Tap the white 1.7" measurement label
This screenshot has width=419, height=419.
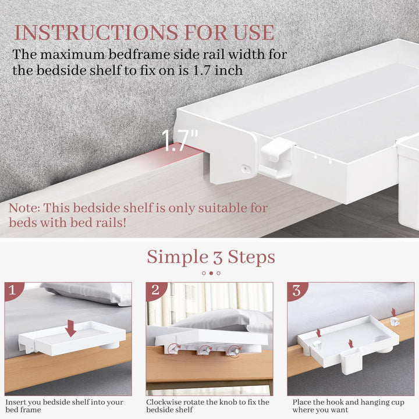(x=179, y=141)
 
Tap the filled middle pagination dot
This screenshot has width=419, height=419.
(x=211, y=273)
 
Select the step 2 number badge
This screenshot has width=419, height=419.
(x=155, y=291)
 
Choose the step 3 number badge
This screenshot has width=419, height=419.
(x=296, y=291)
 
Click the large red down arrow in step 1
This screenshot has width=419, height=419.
(x=70, y=328)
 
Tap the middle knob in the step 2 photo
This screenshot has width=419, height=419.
(x=204, y=350)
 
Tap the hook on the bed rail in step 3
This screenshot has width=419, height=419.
(x=394, y=321)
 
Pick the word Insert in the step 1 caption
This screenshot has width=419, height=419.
(x=17, y=402)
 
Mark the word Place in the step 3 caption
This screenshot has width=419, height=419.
(x=304, y=402)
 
